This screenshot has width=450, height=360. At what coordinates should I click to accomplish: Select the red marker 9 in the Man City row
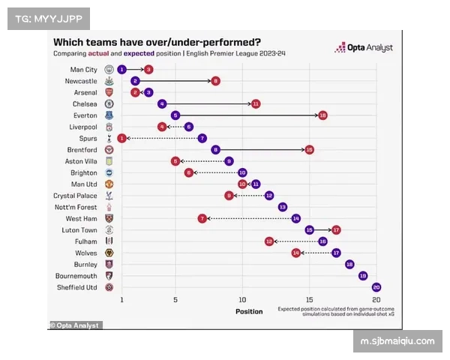coord(148,69)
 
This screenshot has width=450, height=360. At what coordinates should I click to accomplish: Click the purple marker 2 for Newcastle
coord(135,81)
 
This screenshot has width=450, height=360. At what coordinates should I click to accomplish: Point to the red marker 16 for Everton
coord(322,115)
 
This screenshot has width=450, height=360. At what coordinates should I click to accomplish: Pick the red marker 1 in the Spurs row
coord(121,138)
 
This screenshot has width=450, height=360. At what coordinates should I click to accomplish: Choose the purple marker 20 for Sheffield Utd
coord(376,287)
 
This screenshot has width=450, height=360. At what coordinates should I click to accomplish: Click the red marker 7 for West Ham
coord(202,218)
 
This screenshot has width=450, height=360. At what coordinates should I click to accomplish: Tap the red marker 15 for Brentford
coord(309,150)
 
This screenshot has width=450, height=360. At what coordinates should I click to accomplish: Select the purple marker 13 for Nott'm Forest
coord(283,207)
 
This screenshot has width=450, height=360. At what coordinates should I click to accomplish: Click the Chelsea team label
coord(85,103)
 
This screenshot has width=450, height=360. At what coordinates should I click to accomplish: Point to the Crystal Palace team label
coord(75,196)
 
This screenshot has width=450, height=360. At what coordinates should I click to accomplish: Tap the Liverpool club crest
coord(109,127)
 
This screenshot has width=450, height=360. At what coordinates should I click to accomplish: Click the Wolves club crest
coord(109,253)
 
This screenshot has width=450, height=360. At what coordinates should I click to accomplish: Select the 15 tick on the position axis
coord(309,300)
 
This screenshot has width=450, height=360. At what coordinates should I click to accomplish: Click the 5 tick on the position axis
coord(175,300)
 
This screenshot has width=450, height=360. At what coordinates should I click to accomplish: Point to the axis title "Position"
coord(249,311)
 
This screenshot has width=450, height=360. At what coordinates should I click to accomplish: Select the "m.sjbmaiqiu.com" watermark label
coord(397,341)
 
